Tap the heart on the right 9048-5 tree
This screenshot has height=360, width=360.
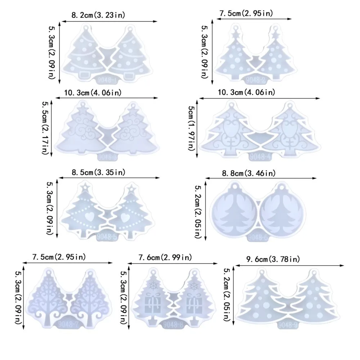(x=125, y=217)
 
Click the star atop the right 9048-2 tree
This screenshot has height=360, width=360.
(x=276, y=35)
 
